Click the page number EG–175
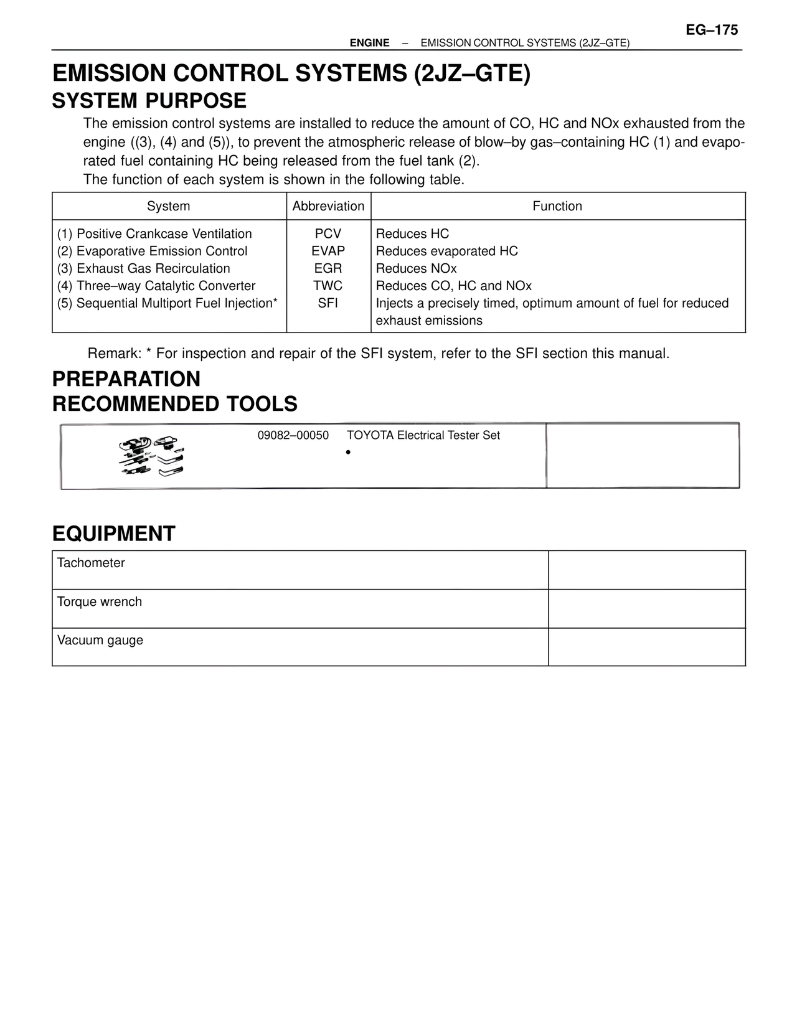point(712,30)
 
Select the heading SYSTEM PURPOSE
point(149,101)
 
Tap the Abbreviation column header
point(328,206)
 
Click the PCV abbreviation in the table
point(328,234)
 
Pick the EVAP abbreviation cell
point(328,252)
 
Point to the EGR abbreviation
point(328,269)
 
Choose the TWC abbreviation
point(328,286)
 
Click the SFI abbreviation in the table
point(328,304)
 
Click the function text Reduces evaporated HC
point(446,252)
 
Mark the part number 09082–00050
point(293,436)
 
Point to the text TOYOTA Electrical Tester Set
point(423,436)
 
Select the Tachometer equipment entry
point(91,563)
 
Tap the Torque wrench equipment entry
point(100,602)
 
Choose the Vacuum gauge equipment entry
point(100,641)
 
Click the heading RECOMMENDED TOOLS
point(175,404)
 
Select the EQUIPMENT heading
point(114,534)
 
